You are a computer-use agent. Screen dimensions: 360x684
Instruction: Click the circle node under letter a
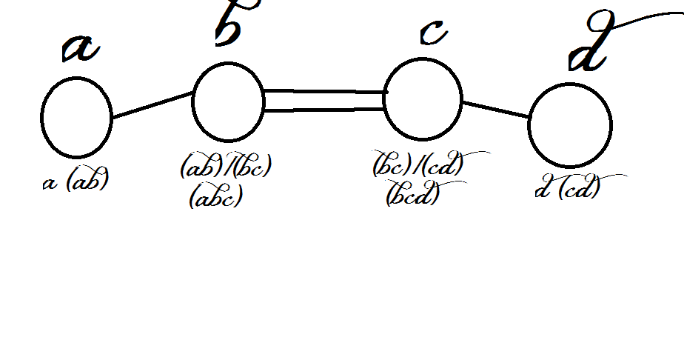[x=76, y=117]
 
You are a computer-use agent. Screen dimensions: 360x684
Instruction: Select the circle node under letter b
[x=228, y=102]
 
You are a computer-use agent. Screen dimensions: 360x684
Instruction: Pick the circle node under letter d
[x=570, y=125]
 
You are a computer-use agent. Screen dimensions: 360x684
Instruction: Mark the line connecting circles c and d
[x=496, y=109]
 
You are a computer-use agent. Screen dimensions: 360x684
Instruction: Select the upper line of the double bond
[x=324, y=92]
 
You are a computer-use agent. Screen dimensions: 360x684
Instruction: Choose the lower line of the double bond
[x=324, y=110]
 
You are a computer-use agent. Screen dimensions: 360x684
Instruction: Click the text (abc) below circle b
[x=215, y=198]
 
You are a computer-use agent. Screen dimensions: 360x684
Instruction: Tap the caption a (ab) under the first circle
[x=76, y=181]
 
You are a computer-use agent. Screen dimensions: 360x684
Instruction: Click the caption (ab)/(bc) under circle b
[x=226, y=168]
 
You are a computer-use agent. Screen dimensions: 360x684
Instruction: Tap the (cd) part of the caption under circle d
[x=579, y=189]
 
